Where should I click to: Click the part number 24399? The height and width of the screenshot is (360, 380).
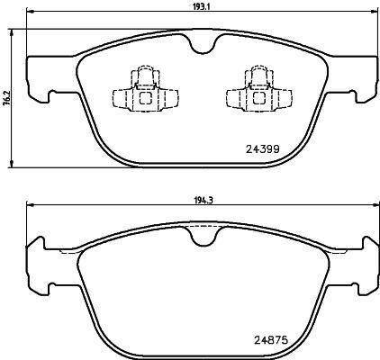tap(263, 148)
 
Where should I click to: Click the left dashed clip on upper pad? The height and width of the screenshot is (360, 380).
tap(140, 90)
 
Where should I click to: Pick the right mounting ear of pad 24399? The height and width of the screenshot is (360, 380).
tap(360, 76)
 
